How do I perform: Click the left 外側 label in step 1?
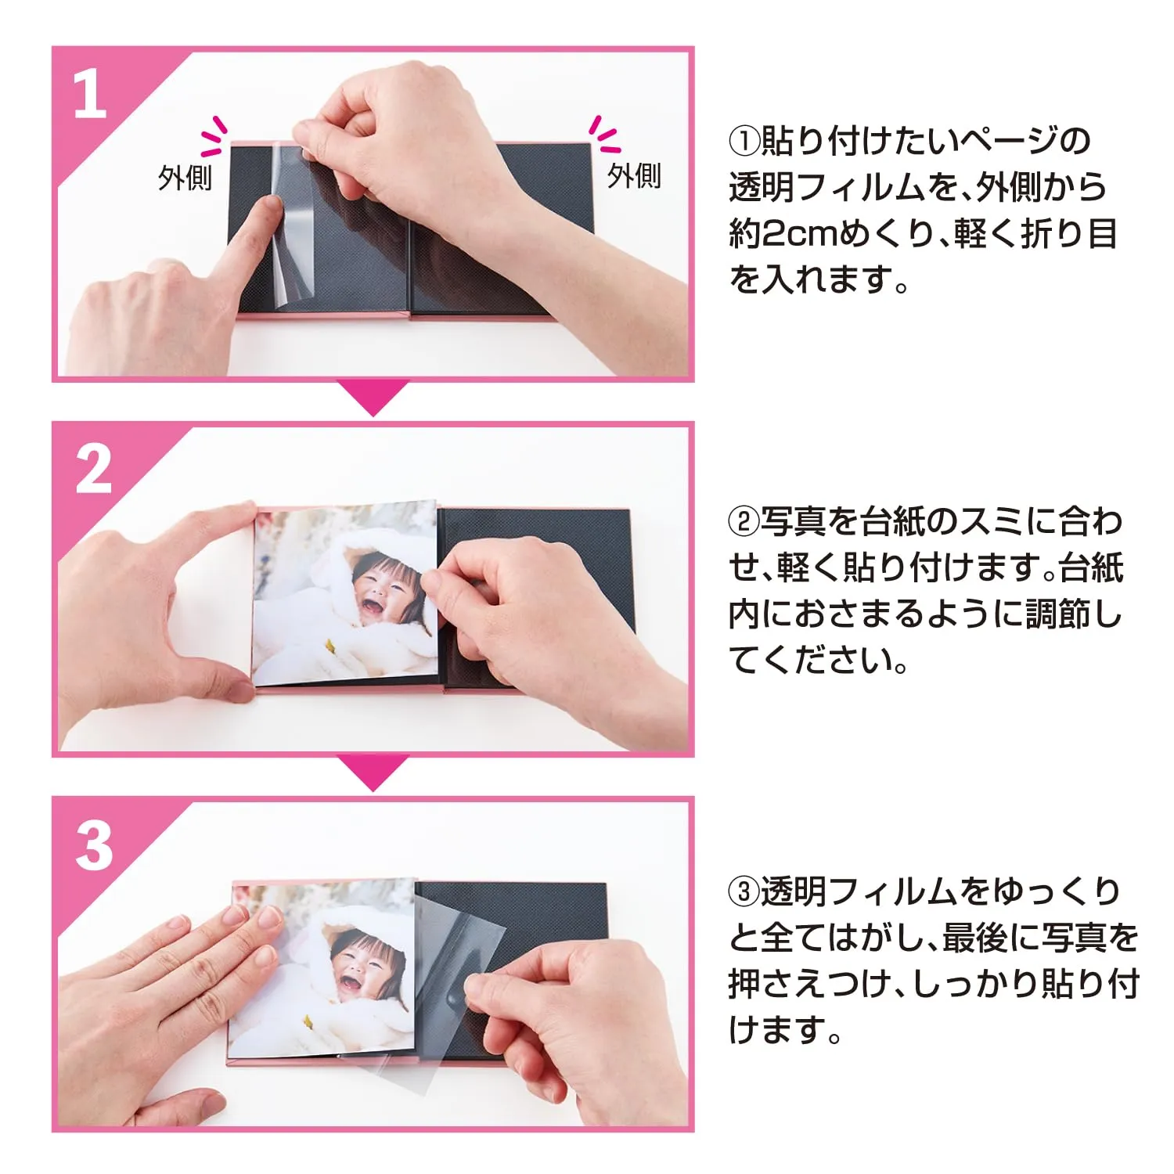pyautogui.click(x=185, y=178)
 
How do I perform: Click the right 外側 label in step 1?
pyautogui.click(x=634, y=175)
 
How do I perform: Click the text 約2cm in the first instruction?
pyautogui.click(x=796, y=234)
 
